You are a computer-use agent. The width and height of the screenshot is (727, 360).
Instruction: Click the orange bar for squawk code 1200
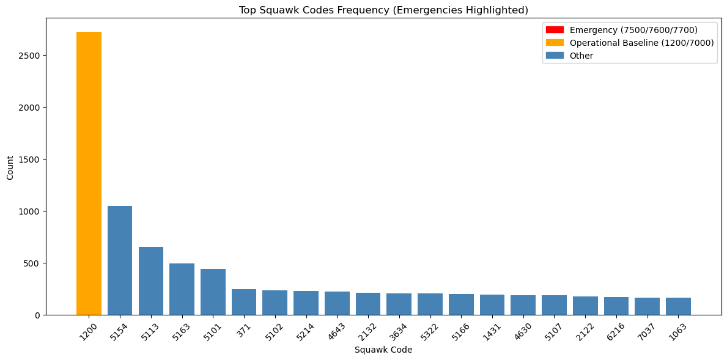click(89, 174)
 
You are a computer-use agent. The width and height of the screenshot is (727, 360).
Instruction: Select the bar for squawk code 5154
click(120, 260)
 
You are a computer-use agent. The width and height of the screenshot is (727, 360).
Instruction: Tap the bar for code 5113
click(151, 281)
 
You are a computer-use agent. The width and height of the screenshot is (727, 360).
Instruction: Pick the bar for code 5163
click(182, 289)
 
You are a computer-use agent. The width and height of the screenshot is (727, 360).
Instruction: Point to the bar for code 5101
click(213, 292)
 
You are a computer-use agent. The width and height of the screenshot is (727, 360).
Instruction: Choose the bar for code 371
click(244, 302)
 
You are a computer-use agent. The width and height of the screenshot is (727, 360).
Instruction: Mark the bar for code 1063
click(678, 306)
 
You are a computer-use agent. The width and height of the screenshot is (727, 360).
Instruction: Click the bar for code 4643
click(337, 303)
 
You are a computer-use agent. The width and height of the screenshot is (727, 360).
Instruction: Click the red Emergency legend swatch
click(555, 30)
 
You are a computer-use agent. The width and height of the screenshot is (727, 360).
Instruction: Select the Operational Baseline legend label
click(633, 43)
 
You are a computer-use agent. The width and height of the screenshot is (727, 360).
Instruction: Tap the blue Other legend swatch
click(555, 56)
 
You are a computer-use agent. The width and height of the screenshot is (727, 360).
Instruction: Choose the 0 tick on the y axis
click(37, 315)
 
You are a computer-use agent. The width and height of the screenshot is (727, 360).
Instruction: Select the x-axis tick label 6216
click(616, 331)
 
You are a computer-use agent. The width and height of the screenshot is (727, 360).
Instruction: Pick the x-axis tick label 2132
click(367, 331)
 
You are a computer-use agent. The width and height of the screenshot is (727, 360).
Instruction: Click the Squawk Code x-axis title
click(383, 350)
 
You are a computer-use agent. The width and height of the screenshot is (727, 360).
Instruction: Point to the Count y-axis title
click(10, 166)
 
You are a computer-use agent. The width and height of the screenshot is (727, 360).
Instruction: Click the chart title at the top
click(383, 10)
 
